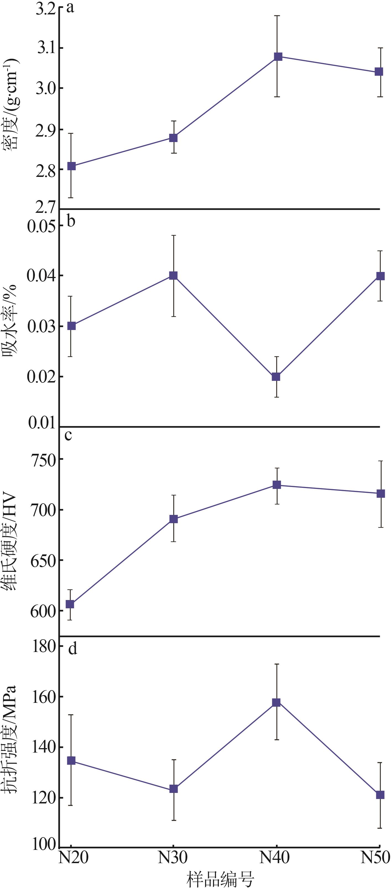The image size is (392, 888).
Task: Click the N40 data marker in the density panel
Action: (x=278, y=57)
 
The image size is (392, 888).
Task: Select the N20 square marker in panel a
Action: (x=71, y=166)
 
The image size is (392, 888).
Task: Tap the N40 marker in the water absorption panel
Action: (x=276, y=376)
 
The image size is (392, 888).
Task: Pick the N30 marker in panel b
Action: (x=173, y=276)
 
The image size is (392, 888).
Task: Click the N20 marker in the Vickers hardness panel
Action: (x=70, y=604)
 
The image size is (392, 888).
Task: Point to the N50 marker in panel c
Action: (x=381, y=494)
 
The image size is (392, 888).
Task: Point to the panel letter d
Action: (x=72, y=648)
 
